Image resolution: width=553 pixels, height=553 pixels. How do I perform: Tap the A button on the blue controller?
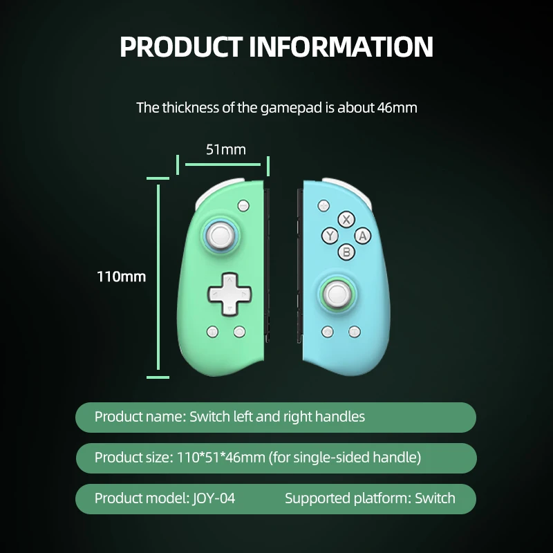[363, 236]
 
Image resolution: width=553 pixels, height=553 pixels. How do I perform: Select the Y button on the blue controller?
[330, 236]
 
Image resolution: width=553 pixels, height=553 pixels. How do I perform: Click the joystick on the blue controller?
[338, 295]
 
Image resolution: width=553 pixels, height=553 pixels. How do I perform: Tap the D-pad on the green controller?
[224, 294]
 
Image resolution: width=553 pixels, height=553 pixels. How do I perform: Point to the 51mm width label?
[225, 149]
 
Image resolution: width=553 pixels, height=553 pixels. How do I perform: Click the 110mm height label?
[122, 276]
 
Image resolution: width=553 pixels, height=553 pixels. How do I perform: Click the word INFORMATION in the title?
[341, 47]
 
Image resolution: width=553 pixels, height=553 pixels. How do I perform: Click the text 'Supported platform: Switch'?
[370, 498]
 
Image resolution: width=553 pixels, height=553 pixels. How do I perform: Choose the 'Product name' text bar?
[276, 417]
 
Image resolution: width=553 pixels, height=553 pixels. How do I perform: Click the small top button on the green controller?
[243, 205]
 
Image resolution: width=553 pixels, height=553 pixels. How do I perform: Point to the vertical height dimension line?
[158, 276]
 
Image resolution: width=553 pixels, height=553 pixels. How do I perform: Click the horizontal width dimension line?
[223, 165]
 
